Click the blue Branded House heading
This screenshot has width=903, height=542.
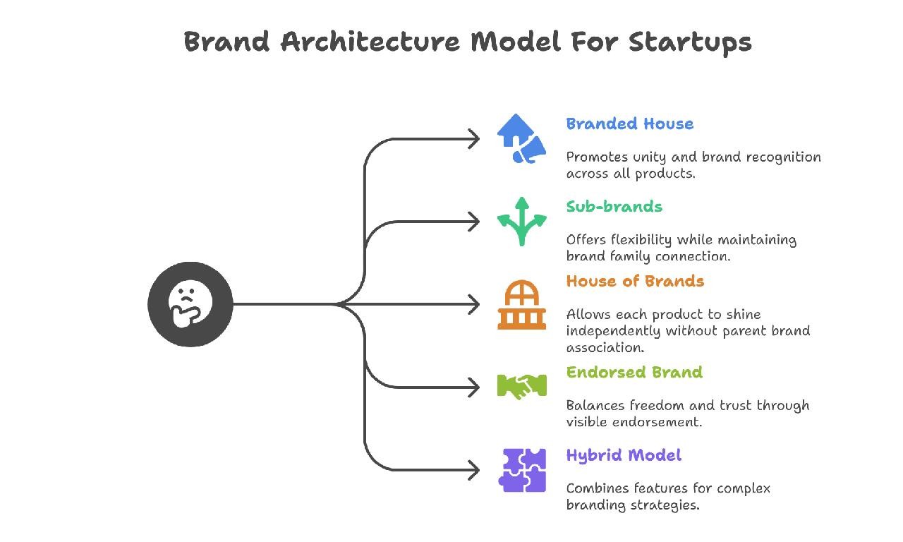click(x=629, y=124)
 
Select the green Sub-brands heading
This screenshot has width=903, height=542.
click(x=614, y=207)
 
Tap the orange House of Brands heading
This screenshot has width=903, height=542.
click(x=635, y=282)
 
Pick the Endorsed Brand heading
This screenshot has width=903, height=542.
click(x=634, y=373)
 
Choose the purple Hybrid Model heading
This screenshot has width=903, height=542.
click(x=624, y=455)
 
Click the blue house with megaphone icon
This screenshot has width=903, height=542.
click(x=521, y=139)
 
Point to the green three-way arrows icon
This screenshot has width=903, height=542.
click(x=521, y=222)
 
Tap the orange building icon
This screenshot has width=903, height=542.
click(x=521, y=305)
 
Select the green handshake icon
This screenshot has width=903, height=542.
click(x=521, y=386)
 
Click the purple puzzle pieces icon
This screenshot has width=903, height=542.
click(x=522, y=470)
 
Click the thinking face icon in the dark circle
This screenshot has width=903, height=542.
click(x=190, y=304)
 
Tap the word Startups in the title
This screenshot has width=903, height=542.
click(x=690, y=42)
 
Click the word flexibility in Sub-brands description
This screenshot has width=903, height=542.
click(x=636, y=240)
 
